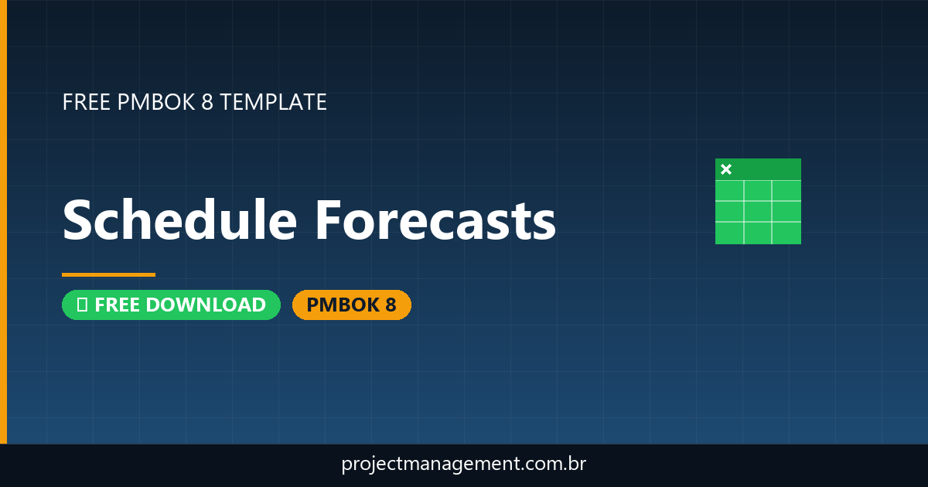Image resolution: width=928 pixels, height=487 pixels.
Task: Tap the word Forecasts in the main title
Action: pyautogui.click(x=435, y=220)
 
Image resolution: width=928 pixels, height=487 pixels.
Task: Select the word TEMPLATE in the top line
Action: pyautogui.click(x=273, y=102)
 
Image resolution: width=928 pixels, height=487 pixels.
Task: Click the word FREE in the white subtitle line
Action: pyautogui.click(x=84, y=102)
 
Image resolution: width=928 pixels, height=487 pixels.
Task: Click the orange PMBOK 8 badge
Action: pyautogui.click(x=351, y=305)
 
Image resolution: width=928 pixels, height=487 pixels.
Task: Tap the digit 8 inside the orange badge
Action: pyautogui.click(x=390, y=305)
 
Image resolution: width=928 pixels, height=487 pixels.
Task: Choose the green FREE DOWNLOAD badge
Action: pyautogui.click(x=171, y=305)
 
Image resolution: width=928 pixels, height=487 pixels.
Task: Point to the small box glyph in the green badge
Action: pyautogui.click(x=81, y=305)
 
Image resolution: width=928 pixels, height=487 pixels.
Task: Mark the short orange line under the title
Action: pyautogui.click(x=108, y=274)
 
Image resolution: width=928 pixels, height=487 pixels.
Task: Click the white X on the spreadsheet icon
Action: pyautogui.click(x=726, y=169)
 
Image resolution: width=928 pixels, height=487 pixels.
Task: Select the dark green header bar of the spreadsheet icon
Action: pyautogui.click(x=766, y=169)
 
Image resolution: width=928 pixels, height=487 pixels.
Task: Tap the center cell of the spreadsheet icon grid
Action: pyautogui.click(x=758, y=211)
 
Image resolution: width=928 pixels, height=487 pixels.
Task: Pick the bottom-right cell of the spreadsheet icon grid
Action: pyautogui.click(x=786, y=232)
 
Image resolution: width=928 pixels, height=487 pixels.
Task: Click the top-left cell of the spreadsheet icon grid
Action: pyautogui.click(x=729, y=190)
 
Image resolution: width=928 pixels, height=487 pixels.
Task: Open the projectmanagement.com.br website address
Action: pyautogui.click(x=464, y=465)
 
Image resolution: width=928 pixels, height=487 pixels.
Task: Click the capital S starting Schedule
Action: pyautogui.click(x=79, y=220)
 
